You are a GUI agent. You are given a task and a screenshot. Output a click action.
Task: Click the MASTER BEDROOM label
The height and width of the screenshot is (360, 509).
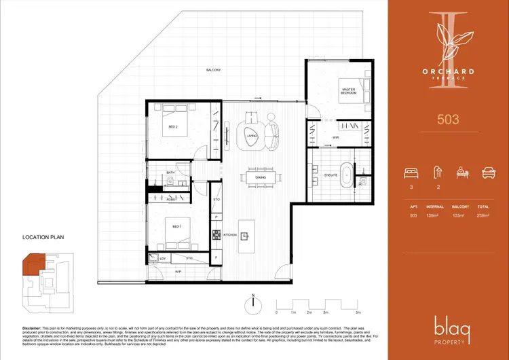point(349,91)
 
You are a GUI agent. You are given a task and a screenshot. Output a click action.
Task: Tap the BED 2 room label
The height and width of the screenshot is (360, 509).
point(172,127)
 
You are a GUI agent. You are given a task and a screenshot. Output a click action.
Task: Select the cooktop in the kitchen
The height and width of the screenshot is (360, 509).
point(218,236)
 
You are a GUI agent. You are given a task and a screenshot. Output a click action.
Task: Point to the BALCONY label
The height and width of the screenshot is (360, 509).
point(214,70)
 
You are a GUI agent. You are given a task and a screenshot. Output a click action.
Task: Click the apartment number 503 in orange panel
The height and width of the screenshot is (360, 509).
point(447,120)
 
